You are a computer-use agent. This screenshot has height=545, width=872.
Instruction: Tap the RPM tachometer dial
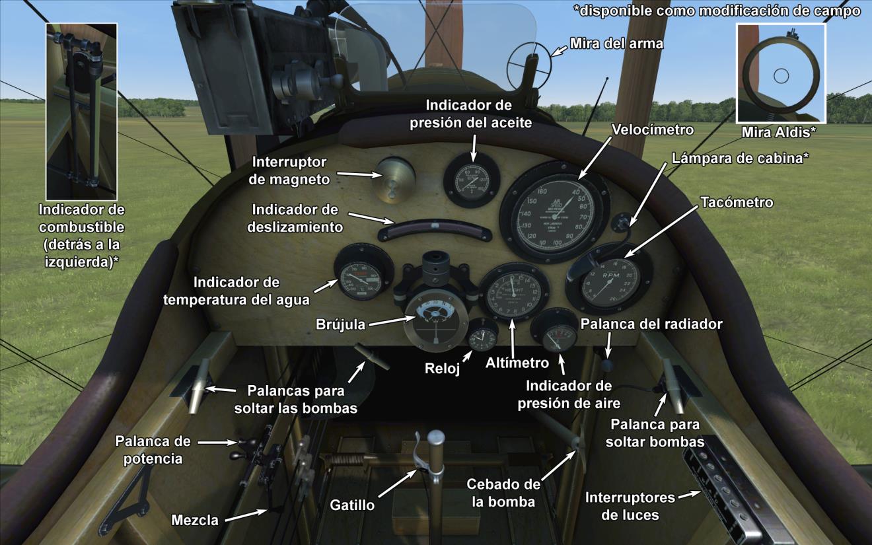(x=610, y=283)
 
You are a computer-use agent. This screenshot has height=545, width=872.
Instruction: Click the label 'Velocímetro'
(x=652, y=129)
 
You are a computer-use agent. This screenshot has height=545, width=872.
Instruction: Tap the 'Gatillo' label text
(x=352, y=505)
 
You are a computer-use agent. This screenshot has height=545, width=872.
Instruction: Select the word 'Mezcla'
(x=194, y=520)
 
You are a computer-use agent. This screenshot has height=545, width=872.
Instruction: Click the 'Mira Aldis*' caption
(x=778, y=132)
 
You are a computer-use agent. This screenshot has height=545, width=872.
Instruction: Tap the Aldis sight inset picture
(x=780, y=73)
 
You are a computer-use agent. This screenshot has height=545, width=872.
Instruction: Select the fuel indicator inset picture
(x=81, y=111)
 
